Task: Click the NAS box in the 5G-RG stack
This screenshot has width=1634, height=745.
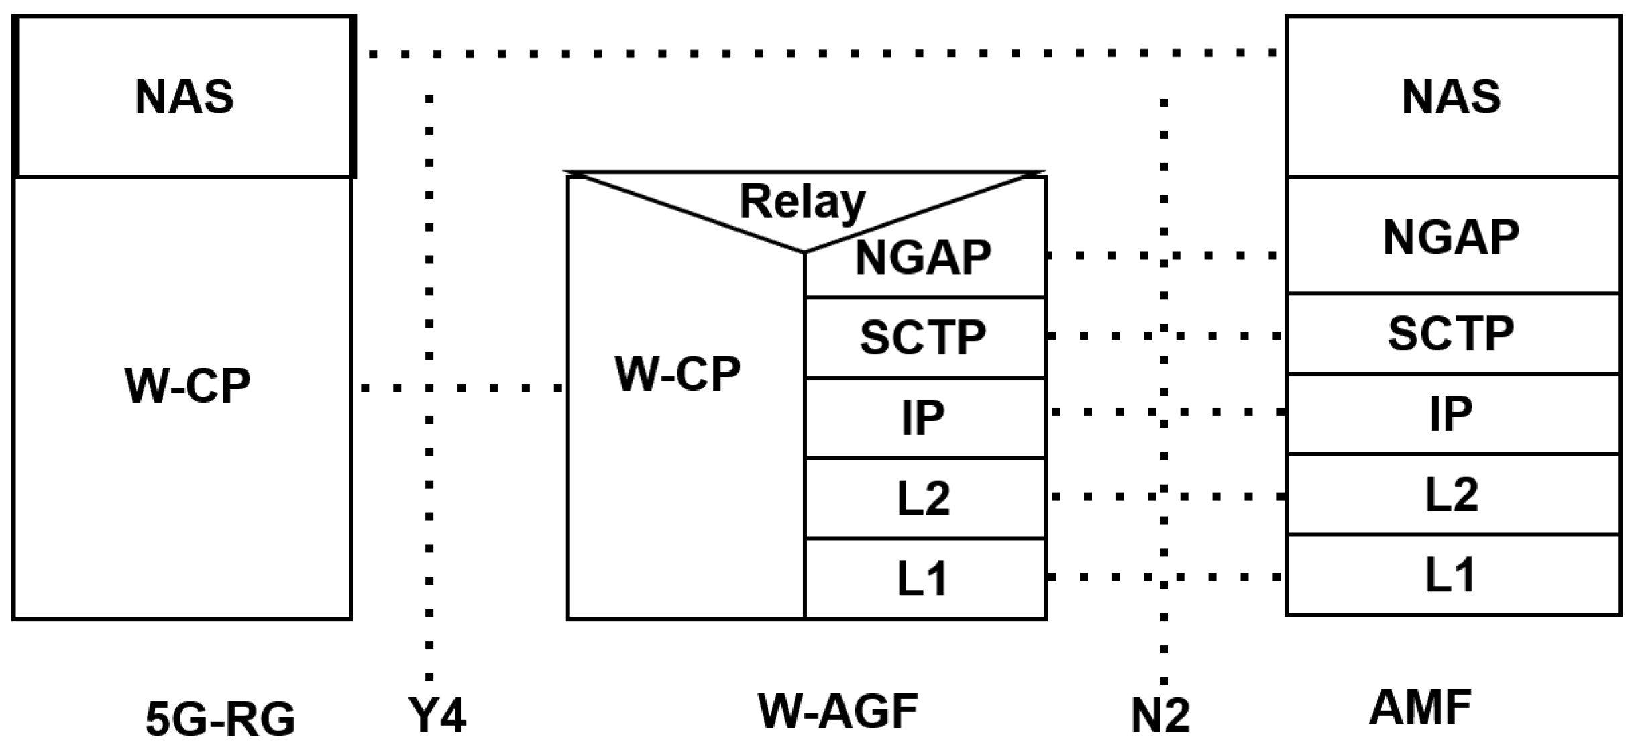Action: (x=184, y=97)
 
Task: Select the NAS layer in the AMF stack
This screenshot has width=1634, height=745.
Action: (x=1452, y=97)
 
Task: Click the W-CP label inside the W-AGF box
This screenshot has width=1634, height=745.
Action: (x=677, y=374)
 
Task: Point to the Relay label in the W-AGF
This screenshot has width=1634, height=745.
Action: (x=802, y=201)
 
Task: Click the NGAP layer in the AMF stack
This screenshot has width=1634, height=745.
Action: (x=1452, y=237)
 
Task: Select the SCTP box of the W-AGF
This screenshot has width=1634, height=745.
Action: (x=924, y=338)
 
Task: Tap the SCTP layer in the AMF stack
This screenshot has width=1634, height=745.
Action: (x=1452, y=334)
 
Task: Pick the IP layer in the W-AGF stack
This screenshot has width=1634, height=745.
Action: (x=924, y=418)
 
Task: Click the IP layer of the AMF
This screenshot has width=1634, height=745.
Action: (x=1452, y=414)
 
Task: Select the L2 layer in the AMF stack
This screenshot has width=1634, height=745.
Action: (x=1452, y=495)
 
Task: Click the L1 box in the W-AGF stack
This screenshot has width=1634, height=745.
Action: (x=924, y=579)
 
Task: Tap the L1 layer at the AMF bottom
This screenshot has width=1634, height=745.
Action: (x=1452, y=575)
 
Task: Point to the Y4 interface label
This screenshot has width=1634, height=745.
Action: (x=437, y=716)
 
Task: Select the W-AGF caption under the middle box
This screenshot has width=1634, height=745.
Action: (x=838, y=711)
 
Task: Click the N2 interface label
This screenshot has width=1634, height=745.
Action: (x=1160, y=716)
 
